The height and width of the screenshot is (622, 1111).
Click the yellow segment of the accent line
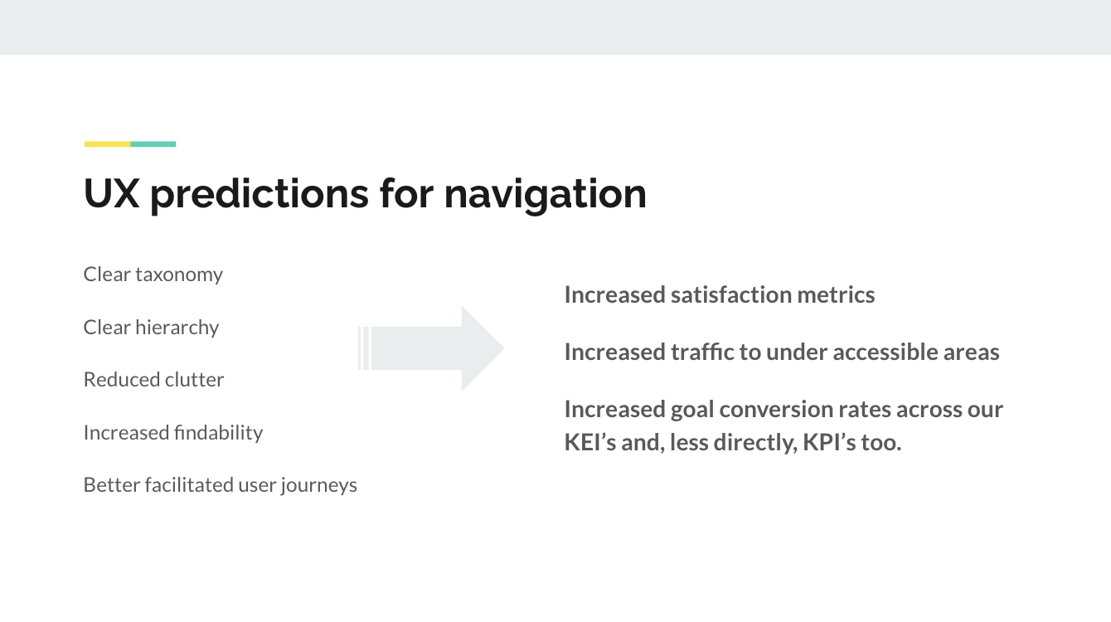(107, 144)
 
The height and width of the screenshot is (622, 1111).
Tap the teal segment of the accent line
(153, 144)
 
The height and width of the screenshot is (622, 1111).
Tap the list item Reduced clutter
(153, 380)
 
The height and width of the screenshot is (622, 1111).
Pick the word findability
(219, 433)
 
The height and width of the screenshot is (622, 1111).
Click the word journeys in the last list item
(318, 486)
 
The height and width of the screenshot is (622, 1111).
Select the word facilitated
(189, 485)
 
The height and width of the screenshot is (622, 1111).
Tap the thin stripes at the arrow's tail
(363, 348)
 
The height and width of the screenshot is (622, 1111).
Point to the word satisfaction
(730, 295)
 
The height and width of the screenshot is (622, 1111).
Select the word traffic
(702, 352)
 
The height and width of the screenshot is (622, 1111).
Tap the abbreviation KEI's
(590, 443)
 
